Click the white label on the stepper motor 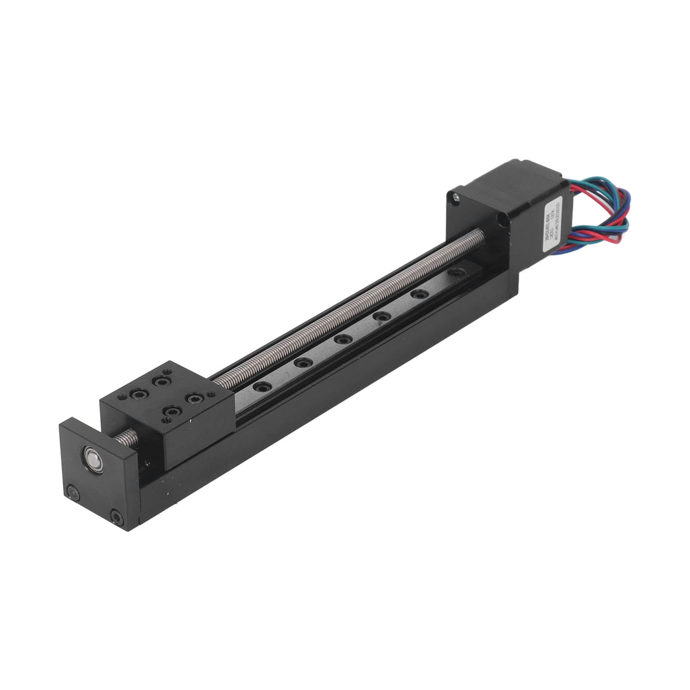click(553, 222)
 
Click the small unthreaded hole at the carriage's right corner click(210, 394)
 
